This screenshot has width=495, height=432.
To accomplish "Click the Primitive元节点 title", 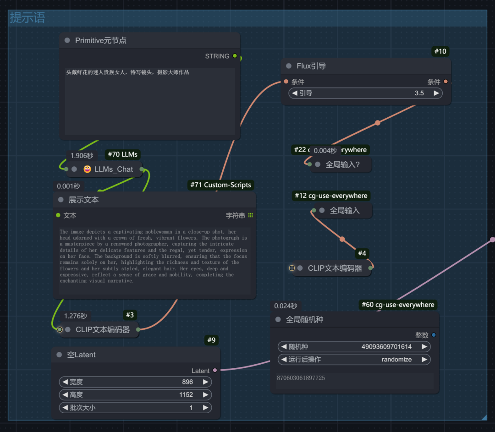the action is (x=100, y=41).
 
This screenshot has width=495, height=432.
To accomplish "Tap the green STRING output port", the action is (x=235, y=56).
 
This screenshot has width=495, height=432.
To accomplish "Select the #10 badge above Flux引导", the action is (x=440, y=51).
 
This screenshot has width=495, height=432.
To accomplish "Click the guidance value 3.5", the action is (x=419, y=93).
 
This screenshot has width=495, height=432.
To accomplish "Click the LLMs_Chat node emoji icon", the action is (x=87, y=169).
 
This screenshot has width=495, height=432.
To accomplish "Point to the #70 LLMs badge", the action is (x=123, y=154).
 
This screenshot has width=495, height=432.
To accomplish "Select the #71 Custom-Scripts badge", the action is (x=221, y=185).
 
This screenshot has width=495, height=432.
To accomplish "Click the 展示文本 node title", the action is (x=83, y=200).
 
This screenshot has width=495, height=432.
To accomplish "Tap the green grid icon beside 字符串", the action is (x=250, y=215).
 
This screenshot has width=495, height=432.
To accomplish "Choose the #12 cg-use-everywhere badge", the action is (x=331, y=196).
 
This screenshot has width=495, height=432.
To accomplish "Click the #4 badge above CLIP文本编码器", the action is (x=362, y=253).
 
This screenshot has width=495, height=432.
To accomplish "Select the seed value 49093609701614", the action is (x=386, y=347).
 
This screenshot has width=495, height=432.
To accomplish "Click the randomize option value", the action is (x=396, y=360).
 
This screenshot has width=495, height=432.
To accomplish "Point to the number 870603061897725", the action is (x=301, y=378).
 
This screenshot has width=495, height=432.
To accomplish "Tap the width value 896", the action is (x=187, y=382).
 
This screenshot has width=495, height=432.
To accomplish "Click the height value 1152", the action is (x=186, y=394).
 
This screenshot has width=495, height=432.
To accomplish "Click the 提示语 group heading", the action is (x=27, y=18).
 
